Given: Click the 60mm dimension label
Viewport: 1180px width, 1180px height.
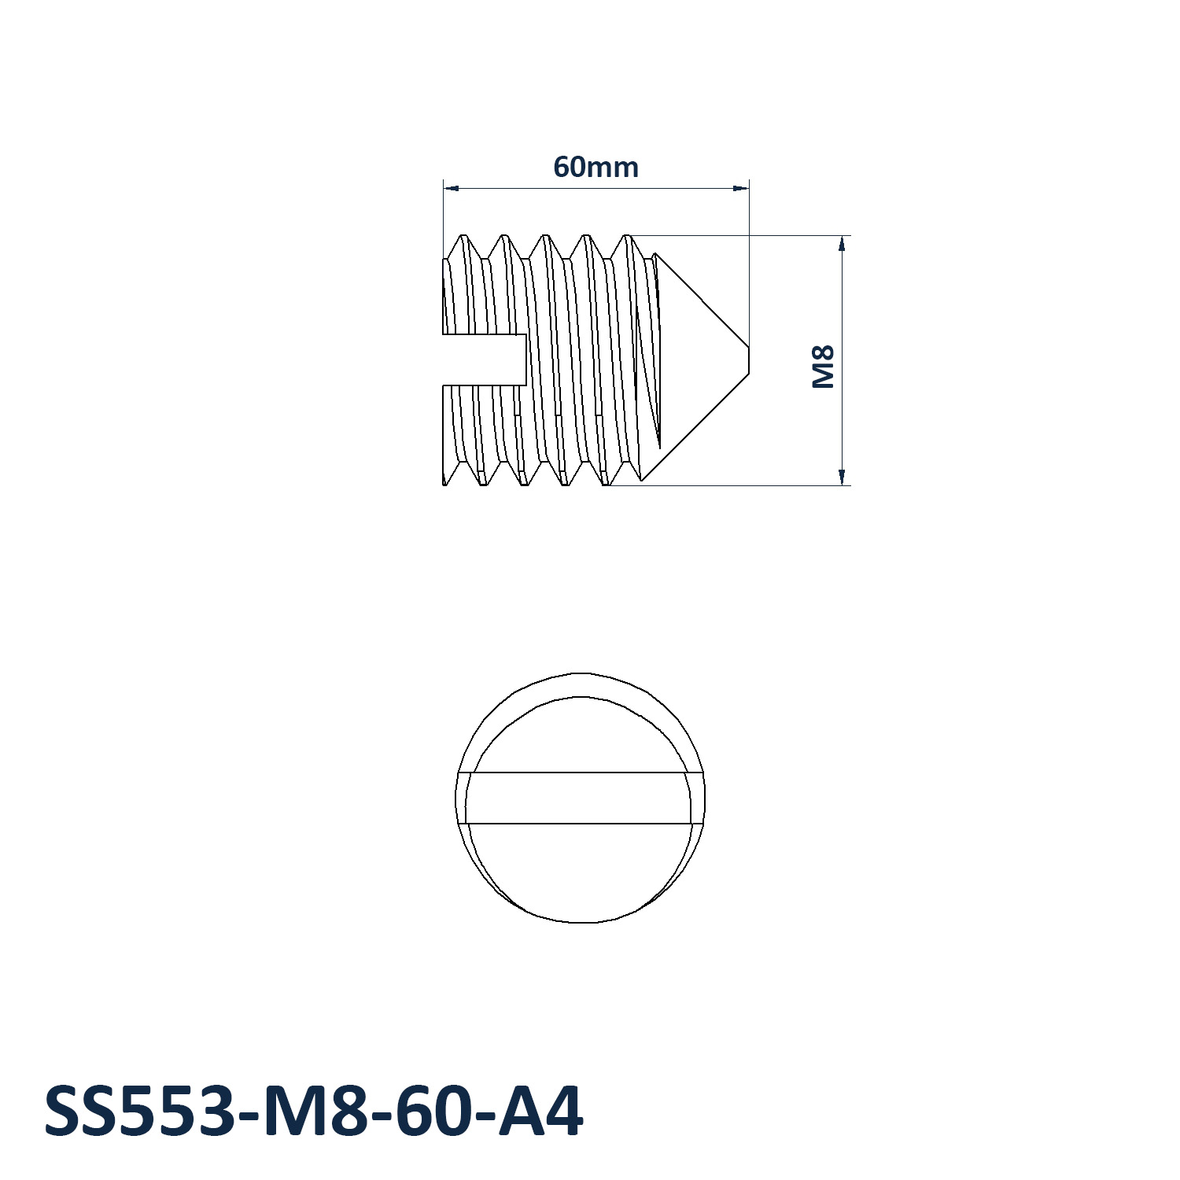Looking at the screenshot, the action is coord(596,168).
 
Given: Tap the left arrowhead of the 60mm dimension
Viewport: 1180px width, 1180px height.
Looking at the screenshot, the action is coord(451,188).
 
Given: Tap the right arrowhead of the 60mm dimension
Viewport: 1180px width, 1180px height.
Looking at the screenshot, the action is coord(740,188).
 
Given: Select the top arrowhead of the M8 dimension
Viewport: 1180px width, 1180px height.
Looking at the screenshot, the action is coord(842,244).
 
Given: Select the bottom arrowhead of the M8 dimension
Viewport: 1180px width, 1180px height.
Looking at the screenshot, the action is coord(842,477).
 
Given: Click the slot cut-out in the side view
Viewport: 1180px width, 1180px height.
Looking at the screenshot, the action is coord(485,360).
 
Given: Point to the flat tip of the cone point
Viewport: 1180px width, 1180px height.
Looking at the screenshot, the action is coord(749,360).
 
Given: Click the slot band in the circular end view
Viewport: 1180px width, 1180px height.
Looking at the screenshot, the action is coord(581,798).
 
